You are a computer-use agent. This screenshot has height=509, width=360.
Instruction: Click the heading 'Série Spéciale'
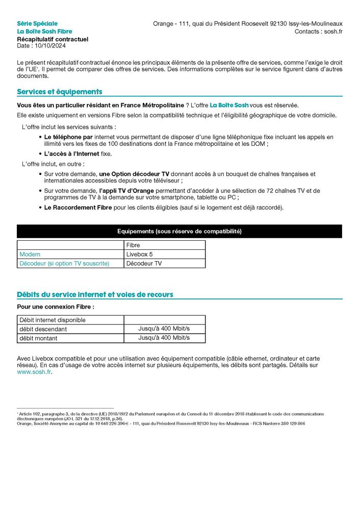(37, 23)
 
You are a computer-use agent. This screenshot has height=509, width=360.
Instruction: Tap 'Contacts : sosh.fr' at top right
(318, 31)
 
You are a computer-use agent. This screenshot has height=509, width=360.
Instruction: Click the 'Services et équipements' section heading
(60, 92)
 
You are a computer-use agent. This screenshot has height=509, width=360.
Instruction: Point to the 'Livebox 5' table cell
(139, 254)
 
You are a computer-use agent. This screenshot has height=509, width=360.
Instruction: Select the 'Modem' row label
(30, 254)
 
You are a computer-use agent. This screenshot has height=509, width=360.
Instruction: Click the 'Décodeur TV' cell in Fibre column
(144, 264)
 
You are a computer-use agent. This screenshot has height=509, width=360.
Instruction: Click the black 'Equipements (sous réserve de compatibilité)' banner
(179, 232)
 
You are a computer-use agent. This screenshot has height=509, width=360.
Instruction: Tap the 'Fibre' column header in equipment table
(133, 245)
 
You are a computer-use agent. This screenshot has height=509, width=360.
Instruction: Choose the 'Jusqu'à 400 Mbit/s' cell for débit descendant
(164, 329)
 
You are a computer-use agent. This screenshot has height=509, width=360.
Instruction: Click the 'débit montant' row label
(38, 338)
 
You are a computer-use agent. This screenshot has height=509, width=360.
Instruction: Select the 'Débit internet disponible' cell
(53, 320)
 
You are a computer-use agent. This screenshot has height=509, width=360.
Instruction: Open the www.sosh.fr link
(34, 372)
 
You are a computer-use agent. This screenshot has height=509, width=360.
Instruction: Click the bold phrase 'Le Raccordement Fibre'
(78, 208)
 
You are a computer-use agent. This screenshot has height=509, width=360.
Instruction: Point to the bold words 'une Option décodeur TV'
(134, 174)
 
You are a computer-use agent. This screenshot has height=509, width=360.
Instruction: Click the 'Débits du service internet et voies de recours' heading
(95, 295)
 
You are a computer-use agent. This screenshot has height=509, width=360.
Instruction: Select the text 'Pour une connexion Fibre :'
(56, 307)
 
